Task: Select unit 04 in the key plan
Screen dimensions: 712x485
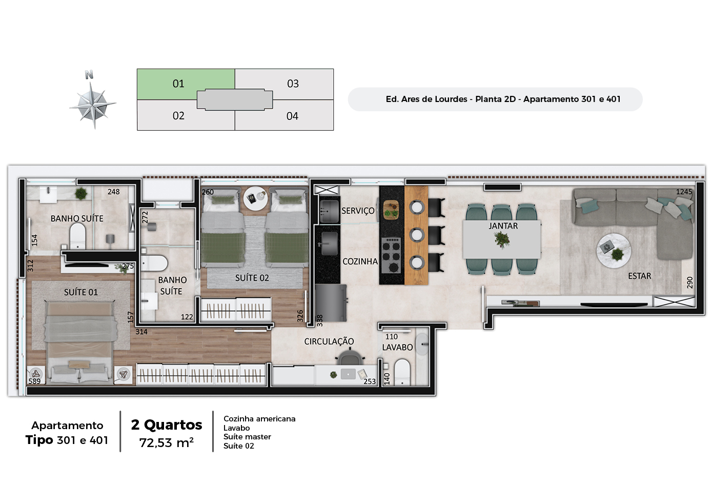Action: point(292,116)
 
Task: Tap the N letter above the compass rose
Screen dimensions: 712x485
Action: point(89,75)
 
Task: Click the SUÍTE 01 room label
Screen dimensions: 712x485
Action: point(81,292)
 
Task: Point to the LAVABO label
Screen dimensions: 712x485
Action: point(397,348)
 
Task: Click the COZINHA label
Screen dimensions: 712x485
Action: point(360,261)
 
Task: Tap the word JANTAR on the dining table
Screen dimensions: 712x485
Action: point(503,226)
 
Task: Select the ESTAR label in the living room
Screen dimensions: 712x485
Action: point(640,276)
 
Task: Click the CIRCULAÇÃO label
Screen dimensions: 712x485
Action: point(329,341)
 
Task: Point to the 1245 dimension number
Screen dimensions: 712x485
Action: point(684,192)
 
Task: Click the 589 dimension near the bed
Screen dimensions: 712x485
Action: point(34,381)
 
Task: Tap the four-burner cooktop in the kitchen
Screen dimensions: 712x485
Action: point(391,255)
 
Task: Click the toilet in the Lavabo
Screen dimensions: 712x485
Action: point(402,372)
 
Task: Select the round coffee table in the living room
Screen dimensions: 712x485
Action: point(614,251)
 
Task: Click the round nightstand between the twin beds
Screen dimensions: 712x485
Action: point(256,198)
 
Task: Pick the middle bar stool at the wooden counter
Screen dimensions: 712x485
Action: point(417,235)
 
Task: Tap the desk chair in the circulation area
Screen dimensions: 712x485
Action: point(350,357)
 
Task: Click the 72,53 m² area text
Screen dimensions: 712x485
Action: point(166,442)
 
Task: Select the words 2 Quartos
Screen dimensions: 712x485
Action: point(167,425)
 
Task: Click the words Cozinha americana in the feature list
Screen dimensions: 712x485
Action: point(259,419)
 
